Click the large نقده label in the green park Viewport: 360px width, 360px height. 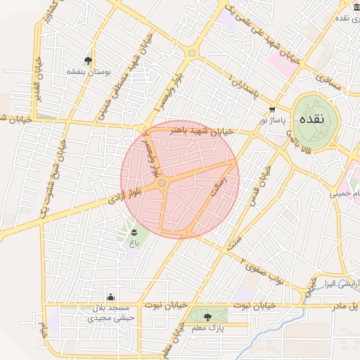[312, 119]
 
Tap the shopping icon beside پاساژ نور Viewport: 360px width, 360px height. [272, 109]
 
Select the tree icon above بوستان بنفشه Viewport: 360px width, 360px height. [87, 60]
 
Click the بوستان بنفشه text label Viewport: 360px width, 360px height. [87, 72]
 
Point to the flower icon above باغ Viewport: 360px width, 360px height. [134, 231]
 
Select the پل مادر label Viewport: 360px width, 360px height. [344, 307]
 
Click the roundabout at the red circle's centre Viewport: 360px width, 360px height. [162, 183]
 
